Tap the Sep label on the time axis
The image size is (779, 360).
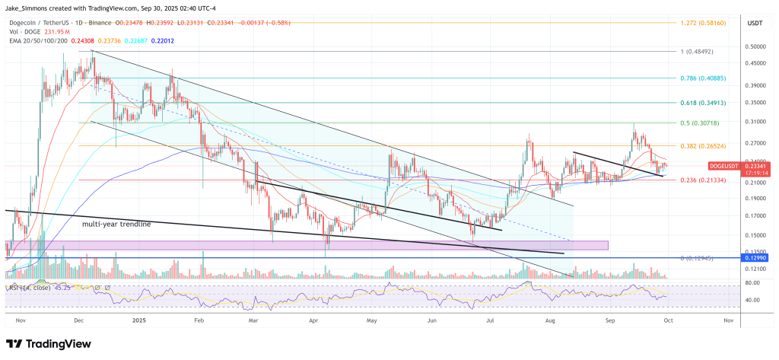609,321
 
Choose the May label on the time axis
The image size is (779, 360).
371,321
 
